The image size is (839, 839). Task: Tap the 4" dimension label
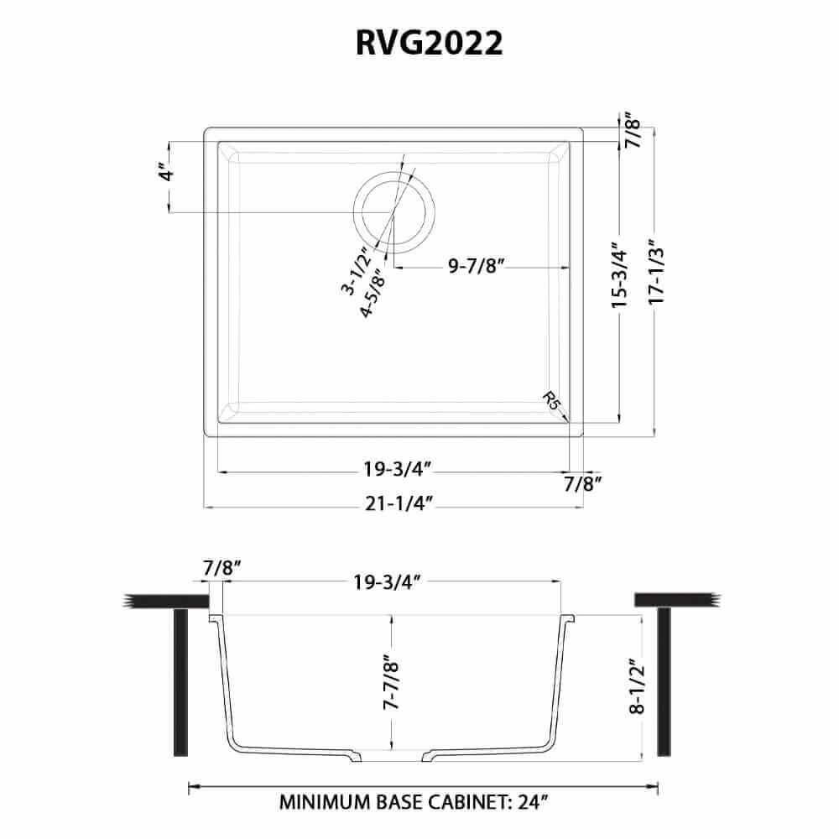click(169, 175)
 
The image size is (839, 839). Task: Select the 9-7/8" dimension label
click(475, 268)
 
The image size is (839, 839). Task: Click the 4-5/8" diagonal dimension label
click(371, 294)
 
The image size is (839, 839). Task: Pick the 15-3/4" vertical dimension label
click(620, 276)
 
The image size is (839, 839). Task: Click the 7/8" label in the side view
click(221, 568)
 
